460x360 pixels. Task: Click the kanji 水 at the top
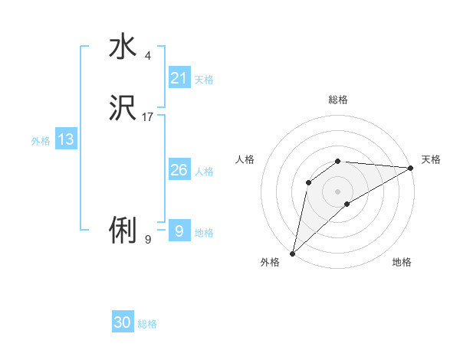[x=123, y=47]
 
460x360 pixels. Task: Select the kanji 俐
[x=123, y=229]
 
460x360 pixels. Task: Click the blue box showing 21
[x=179, y=77]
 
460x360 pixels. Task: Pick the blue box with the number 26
[x=179, y=170]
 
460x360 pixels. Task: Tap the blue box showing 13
[x=66, y=139]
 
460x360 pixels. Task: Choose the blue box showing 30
[x=123, y=322]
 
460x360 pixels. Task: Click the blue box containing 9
[x=179, y=231]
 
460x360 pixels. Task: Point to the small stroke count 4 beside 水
[x=148, y=56]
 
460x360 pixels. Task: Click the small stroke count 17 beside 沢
[x=148, y=117]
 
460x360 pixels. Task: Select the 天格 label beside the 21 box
[x=204, y=80]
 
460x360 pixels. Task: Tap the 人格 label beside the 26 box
[x=204, y=172]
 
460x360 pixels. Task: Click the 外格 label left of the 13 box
[x=41, y=141]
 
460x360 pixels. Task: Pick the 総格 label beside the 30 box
[x=147, y=324]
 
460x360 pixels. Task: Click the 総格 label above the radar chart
[x=338, y=100]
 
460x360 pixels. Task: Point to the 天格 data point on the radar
[x=411, y=168]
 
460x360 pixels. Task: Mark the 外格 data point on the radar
[x=292, y=254]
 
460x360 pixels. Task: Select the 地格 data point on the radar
[x=347, y=204]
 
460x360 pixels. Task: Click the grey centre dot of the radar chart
[x=338, y=191]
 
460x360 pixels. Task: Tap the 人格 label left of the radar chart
[x=245, y=159]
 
